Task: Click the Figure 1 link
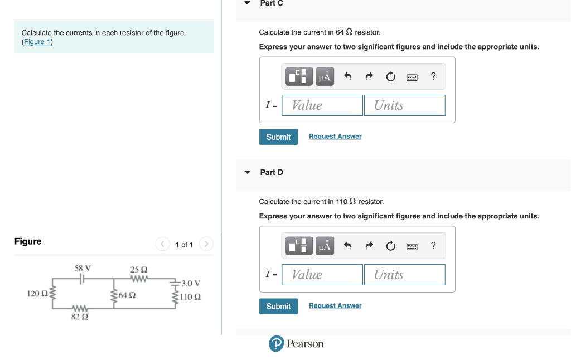coord(37,42)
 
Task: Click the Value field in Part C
coord(322,105)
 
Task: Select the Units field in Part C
coord(404,105)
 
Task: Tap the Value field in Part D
coord(322,275)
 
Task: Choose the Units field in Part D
coord(404,275)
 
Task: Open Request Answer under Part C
coord(335,137)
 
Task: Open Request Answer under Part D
coord(335,306)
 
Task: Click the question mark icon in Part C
coord(433,76)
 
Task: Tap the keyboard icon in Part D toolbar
coord(412,246)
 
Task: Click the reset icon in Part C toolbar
coord(390,76)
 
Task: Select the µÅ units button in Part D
coord(325,246)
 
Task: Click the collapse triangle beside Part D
coord(247,172)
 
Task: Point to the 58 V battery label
coord(83,268)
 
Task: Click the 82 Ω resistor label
coord(80,317)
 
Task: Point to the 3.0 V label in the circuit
coord(191,283)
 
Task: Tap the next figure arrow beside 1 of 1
coord(206,244)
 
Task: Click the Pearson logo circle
coord(276,344)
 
